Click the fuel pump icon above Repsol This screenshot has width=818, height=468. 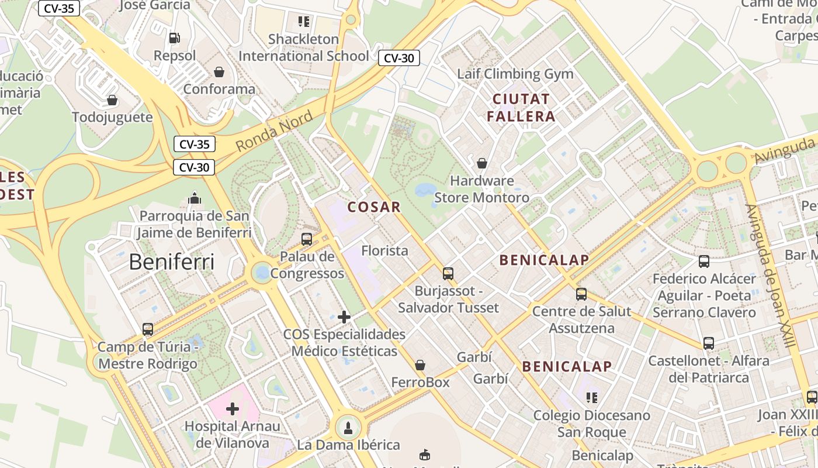pyautogui.click(x=174, y=38)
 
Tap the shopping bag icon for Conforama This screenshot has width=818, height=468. pyautogui.click(x=219, y=72)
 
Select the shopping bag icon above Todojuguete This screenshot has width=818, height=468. pyautogui.click(x=112, y=100)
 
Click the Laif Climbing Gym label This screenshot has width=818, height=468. pyautogui.click(x=515, y=74)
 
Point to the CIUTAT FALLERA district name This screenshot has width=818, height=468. pyautogui.click(x=521, y=107)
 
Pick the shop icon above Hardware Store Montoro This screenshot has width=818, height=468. pyautogui.click(x=482, y=163)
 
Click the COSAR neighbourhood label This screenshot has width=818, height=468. pyautogui.click(x=374, y=207)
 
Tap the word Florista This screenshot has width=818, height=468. pyautogui.click(x=384, y=250)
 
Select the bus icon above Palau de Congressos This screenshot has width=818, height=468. pyautogui.click(x=307, y=239)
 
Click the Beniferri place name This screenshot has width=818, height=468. pyautogui.click(x=171, y=261)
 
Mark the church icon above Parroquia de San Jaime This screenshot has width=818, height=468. pyautogui.click(x=195, y=199)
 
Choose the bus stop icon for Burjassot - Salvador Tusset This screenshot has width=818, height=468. pyautogui.click(x=448, y=273)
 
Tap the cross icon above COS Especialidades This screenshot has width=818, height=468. pyautogui.click(x=344, y=317)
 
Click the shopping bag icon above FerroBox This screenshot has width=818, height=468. pyautogui.click(x=420, y=365)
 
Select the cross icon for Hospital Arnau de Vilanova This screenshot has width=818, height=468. pyautogui.click(x=233, y=408)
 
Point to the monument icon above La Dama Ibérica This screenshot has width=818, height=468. pyautogui.click(x=348, y=428)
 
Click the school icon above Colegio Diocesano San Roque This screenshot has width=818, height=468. pyautogui.click(x=591, y=398)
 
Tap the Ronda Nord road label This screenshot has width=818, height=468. pyautogui.click(x=274, y=131)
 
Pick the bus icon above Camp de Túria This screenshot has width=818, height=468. pyautogui.click(x=148, y=329)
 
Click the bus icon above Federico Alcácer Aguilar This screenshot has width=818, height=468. pyautogui.click(x=704, y=261)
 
